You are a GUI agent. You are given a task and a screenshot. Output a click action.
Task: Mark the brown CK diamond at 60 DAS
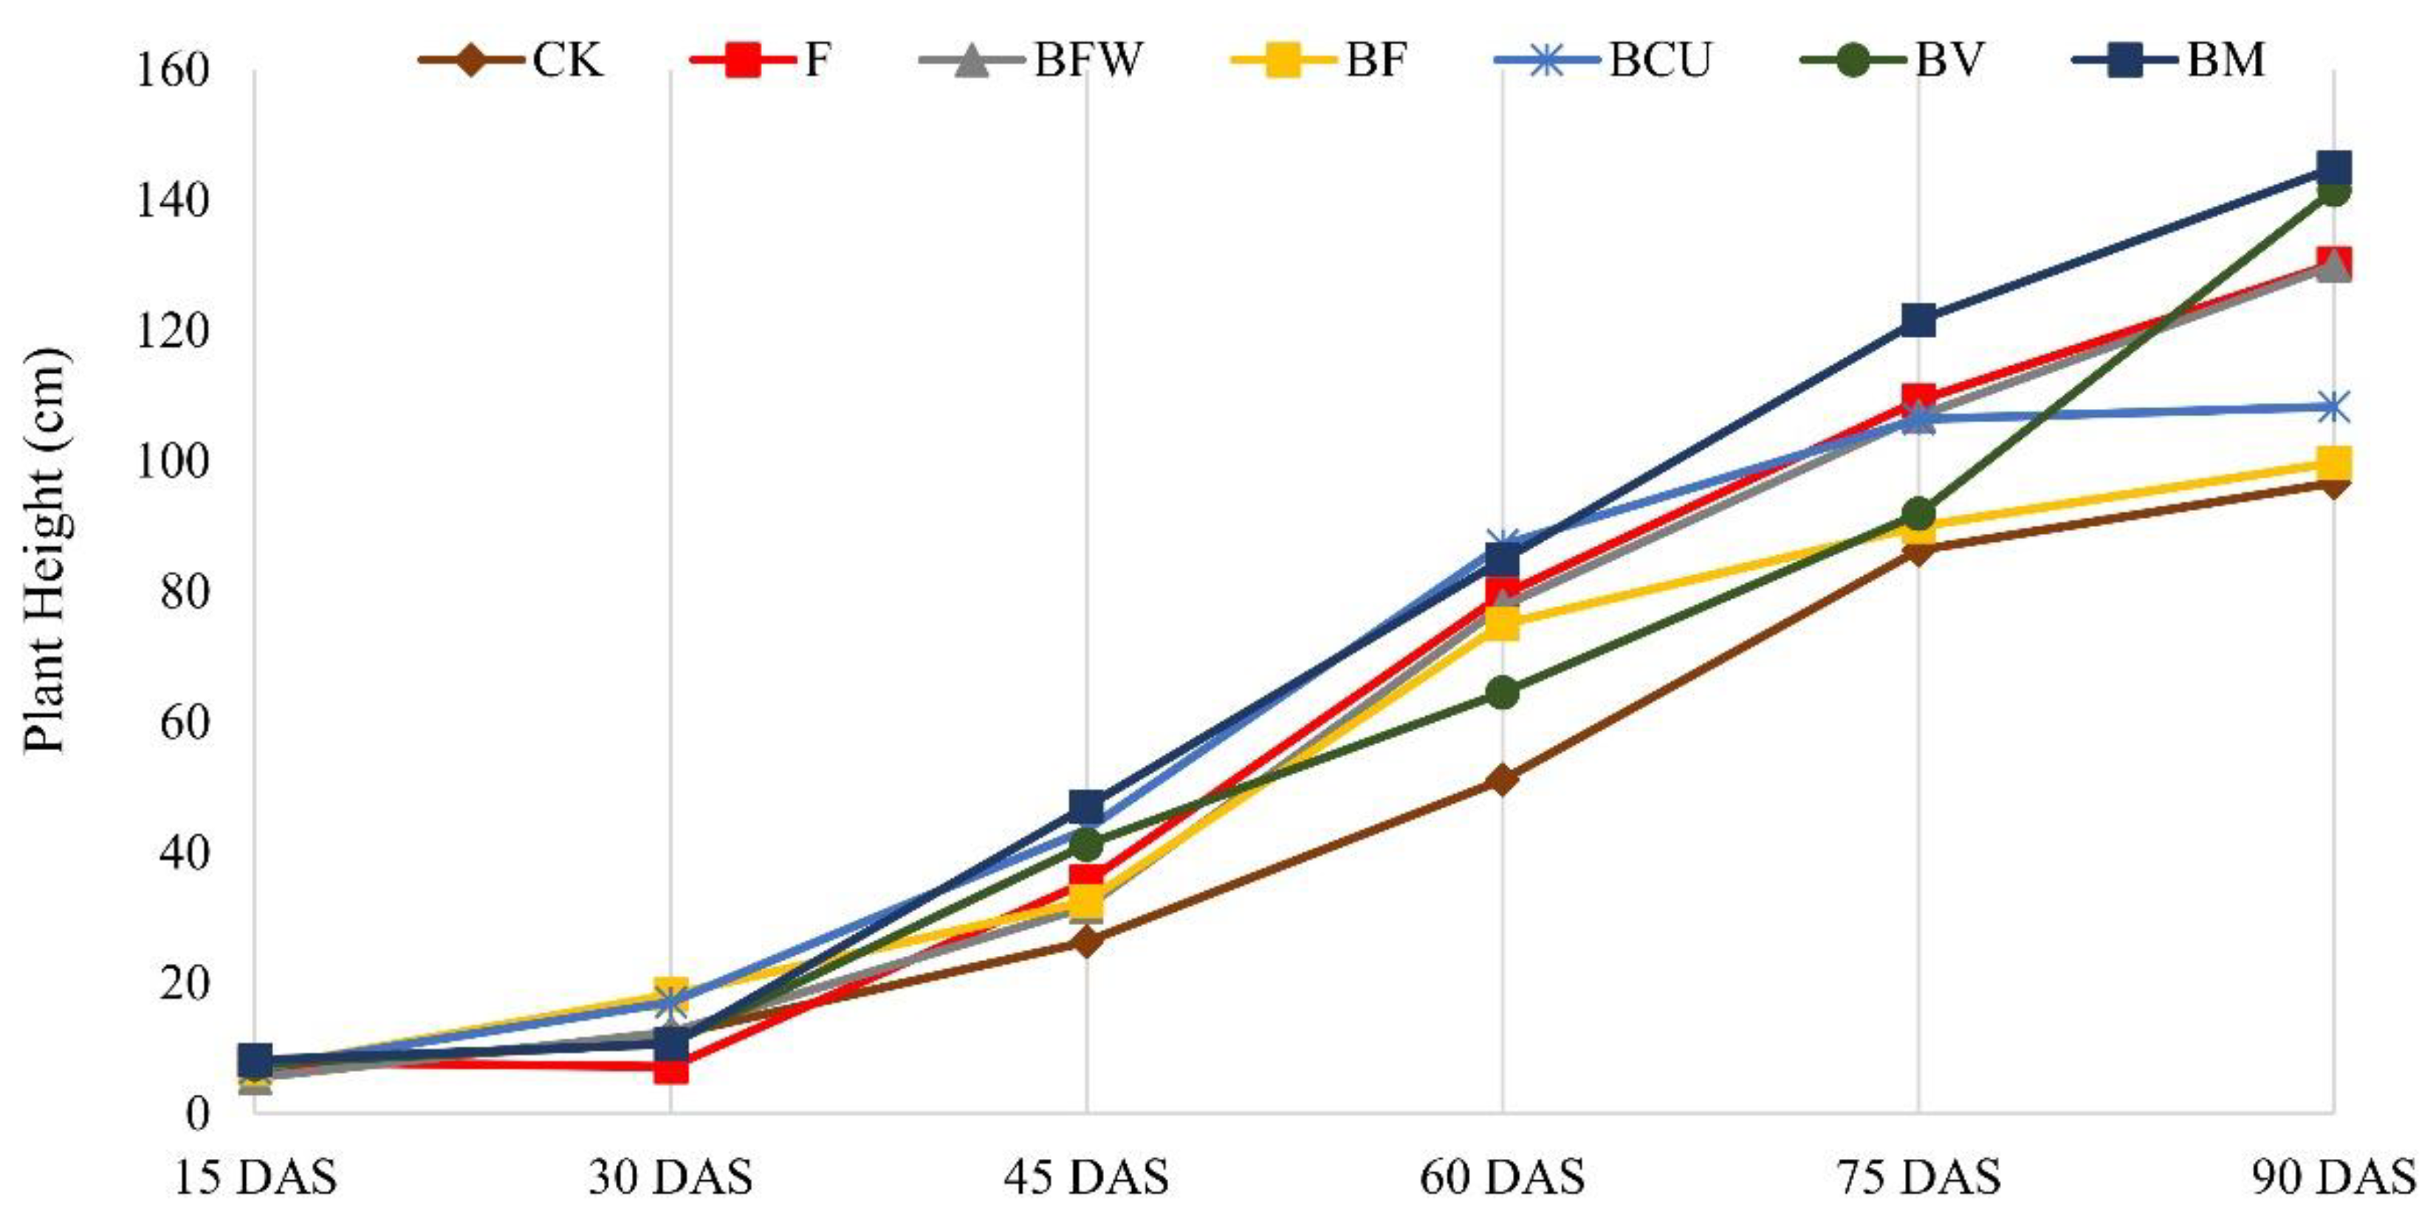pos(1502,780)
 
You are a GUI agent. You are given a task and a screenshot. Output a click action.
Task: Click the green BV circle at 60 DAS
pos(1502,693)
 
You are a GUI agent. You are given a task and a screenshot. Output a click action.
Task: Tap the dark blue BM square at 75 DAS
pos(1918,320)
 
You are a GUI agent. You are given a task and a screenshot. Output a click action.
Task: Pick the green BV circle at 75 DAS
pos(1918,514)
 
